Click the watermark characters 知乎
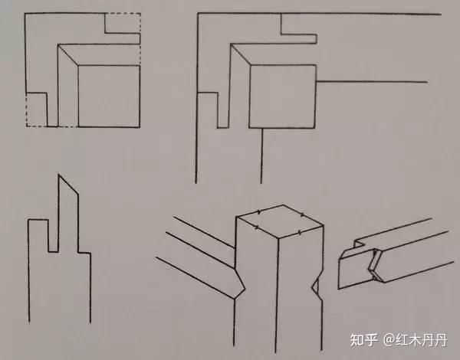(363, 340)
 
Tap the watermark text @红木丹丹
(415, 340)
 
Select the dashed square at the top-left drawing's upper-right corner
(123, 23)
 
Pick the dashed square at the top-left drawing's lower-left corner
(36, 110)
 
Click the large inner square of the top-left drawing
(109, 97)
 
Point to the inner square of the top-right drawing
(282, 97)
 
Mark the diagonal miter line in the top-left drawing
(67, 55)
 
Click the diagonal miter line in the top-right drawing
(241, 54)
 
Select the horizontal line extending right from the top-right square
(372, 81)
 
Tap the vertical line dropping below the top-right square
(261, 155)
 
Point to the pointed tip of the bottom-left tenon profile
(59, 175)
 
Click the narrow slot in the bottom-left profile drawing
(53, 236)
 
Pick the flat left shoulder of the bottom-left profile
(38, 220)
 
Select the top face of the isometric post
(280, 222)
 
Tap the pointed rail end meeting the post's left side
(238, 283)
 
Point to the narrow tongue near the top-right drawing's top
(299, 39)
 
